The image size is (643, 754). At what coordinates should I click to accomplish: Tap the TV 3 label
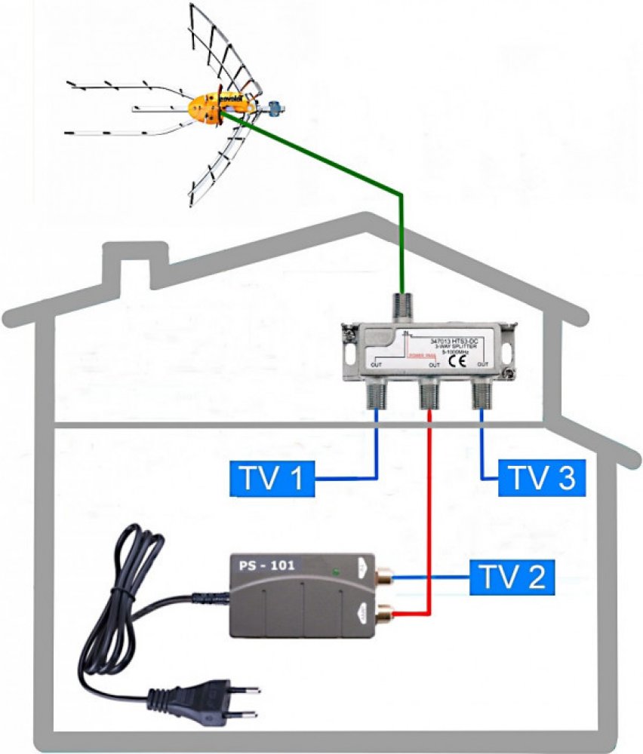pyautogui.click(x=540, y=478)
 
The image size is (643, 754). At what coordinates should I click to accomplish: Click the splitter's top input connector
pyautogui.click(x=401, y=306)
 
